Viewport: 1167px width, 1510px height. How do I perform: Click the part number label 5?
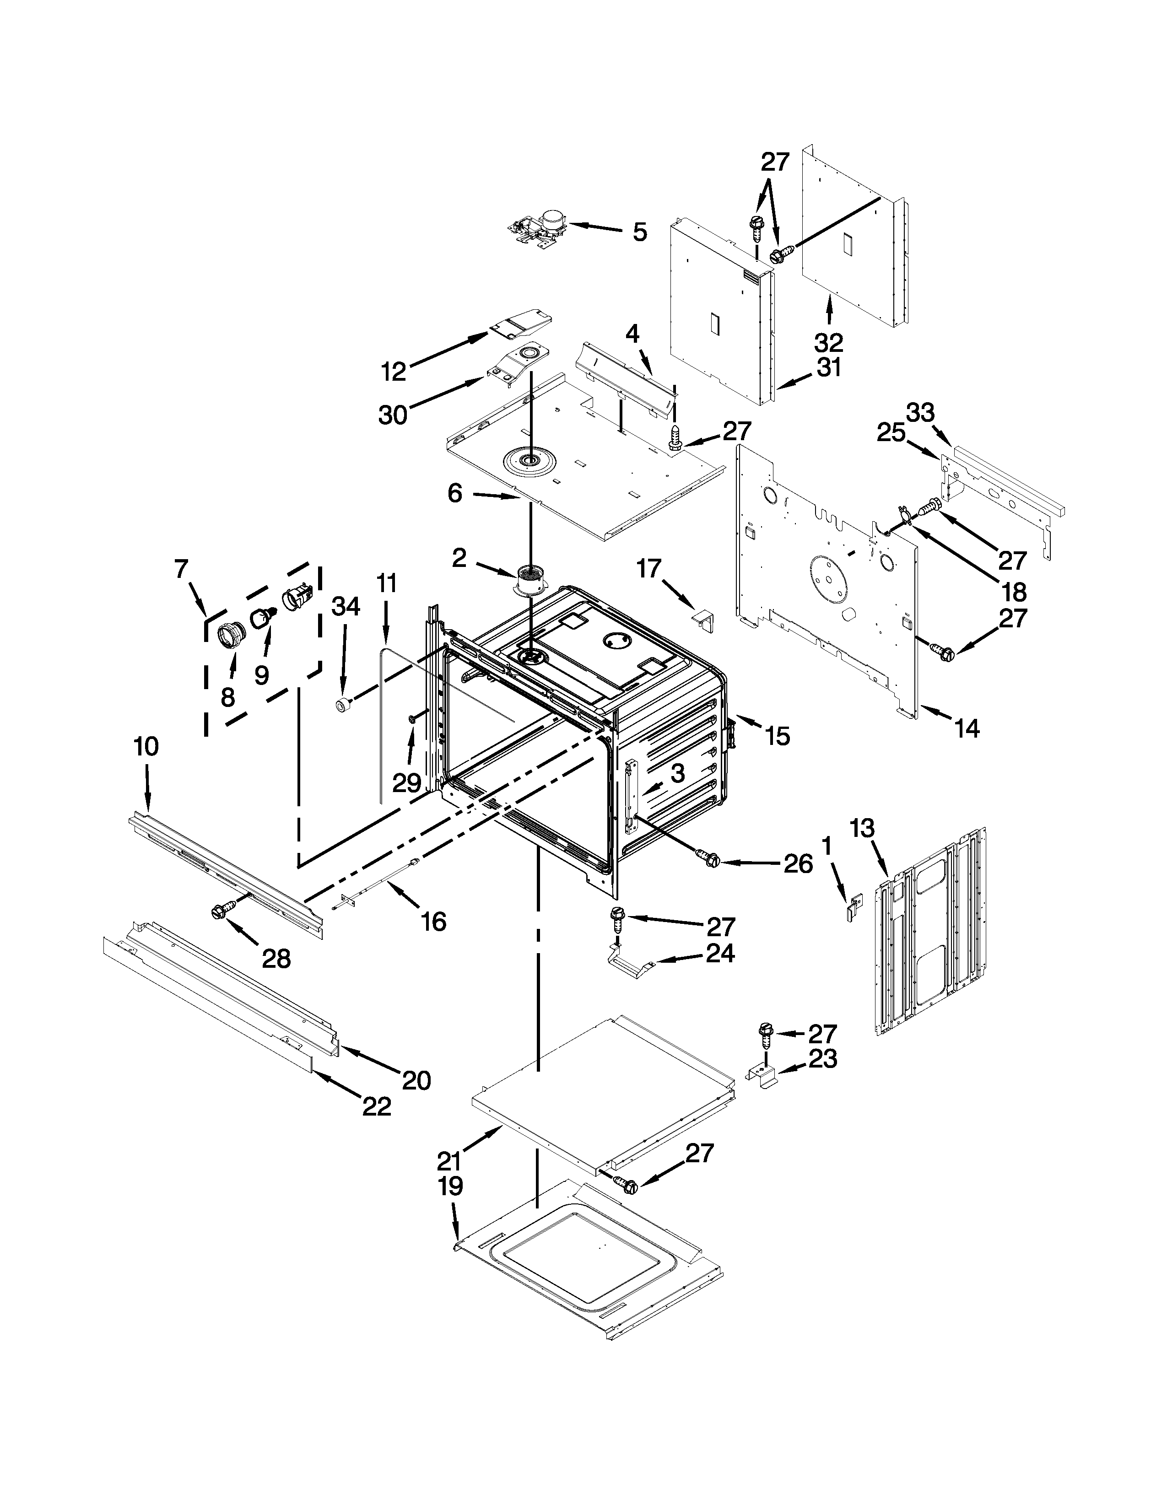click(x=639, y=232)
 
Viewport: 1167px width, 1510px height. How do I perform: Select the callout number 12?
click(x=394, y=372)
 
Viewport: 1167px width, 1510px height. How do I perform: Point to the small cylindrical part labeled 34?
click(x=341, y=706)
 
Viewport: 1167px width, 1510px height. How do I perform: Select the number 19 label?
click(x=450, y=1186)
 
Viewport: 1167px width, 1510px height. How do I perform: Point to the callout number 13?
click(x=862, y=828)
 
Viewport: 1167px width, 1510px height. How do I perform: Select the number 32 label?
click(x=829, y=342)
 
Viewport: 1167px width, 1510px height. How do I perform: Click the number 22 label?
click(x=377, y=1107)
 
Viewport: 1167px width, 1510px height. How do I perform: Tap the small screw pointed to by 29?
click(x=413, y=720)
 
